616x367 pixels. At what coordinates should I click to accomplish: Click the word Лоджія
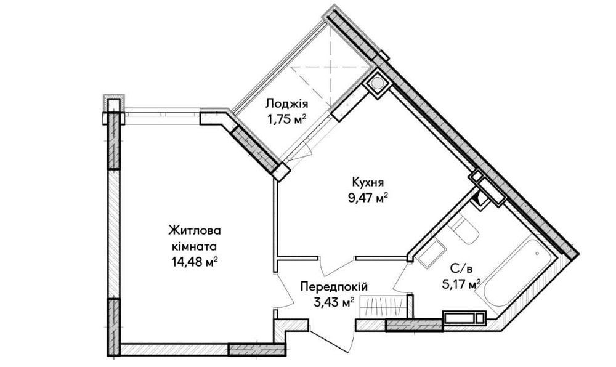pyautogui.click(x=287, y=104)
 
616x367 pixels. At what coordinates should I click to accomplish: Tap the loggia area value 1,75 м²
pyautogui.click(x=287, y=119)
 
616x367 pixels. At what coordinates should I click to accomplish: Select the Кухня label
pyautogui.click(x=368, y=183)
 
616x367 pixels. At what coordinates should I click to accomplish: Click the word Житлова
pyautogui.click(x=195, y=230)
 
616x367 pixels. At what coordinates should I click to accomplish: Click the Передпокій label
pyautogui.click(x=334, y=287)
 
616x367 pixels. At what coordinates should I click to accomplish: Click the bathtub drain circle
pyautogui.click(x=537, y=254)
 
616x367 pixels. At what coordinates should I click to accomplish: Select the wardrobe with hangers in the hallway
pyautogui.click(x=381, y=306)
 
